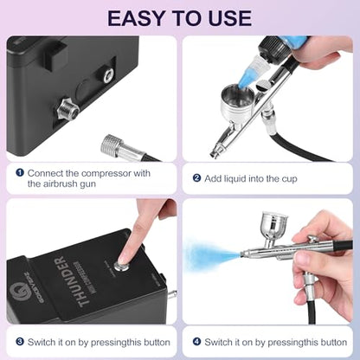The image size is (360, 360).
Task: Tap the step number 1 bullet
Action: tap(20, 173)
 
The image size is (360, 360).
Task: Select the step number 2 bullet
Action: tap(196, 178)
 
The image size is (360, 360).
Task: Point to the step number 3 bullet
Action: tap(20, 342)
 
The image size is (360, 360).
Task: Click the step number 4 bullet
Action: tap(196, 342)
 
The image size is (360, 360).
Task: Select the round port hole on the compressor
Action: tap(108, 76)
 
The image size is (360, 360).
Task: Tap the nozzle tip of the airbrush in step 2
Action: tap(215, 154)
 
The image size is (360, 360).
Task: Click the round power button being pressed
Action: tap(119, 266)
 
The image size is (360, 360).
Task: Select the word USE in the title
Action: tap(230, 18)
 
